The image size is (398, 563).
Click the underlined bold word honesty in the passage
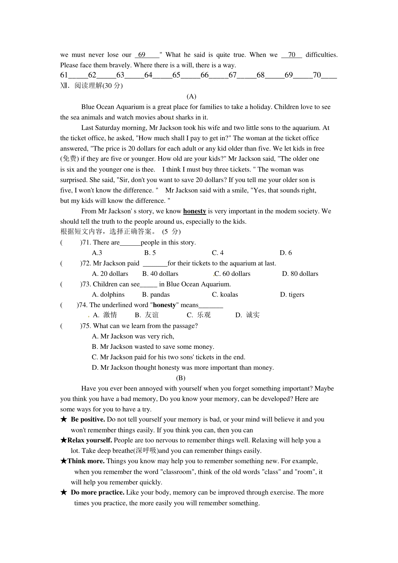tap(194, 211)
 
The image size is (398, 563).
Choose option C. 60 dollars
tap(232, 274)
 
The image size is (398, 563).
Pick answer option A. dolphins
tap(108, 294)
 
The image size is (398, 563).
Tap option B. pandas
tap(156, 294)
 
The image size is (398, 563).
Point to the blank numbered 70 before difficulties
tap(292, 55)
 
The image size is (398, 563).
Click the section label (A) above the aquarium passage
tap(191, 96)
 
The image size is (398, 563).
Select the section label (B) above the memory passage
tap(180, 378)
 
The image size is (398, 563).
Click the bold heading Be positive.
tap(88, 419)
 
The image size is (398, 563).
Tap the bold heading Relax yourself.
tap(90, 440)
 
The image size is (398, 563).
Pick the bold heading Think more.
tap(86, 461)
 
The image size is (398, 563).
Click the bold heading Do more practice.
tap(98, 493)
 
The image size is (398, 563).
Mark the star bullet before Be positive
tap(64, 419)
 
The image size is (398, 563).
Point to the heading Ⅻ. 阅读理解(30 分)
tap(92, 86)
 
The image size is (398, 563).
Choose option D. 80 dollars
tap(300, 274)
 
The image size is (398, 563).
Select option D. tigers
tap(292, 294)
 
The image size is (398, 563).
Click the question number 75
tap(86, 326)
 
